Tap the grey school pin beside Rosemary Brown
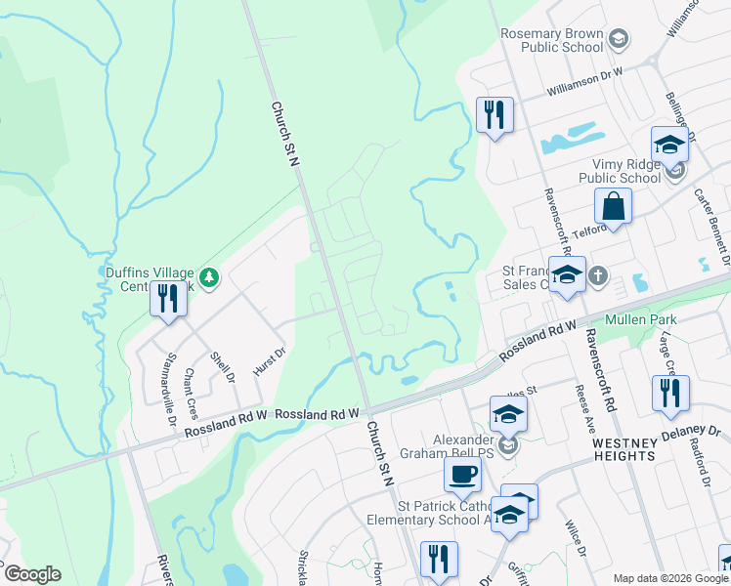[x=618, y=39]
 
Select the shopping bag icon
[x=613, y=207]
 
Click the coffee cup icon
[x=462, y=476]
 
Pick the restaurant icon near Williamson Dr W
[x=494, y=116]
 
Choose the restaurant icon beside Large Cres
[x=671, y=394]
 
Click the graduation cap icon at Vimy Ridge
[x=669, y=145]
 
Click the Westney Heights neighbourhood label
[x=624, y=449]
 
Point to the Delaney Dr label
[x=696, y=431]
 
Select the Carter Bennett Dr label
[x=712, y=236]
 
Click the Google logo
[x=32, y=574]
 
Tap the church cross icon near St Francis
[x=598, y=277]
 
